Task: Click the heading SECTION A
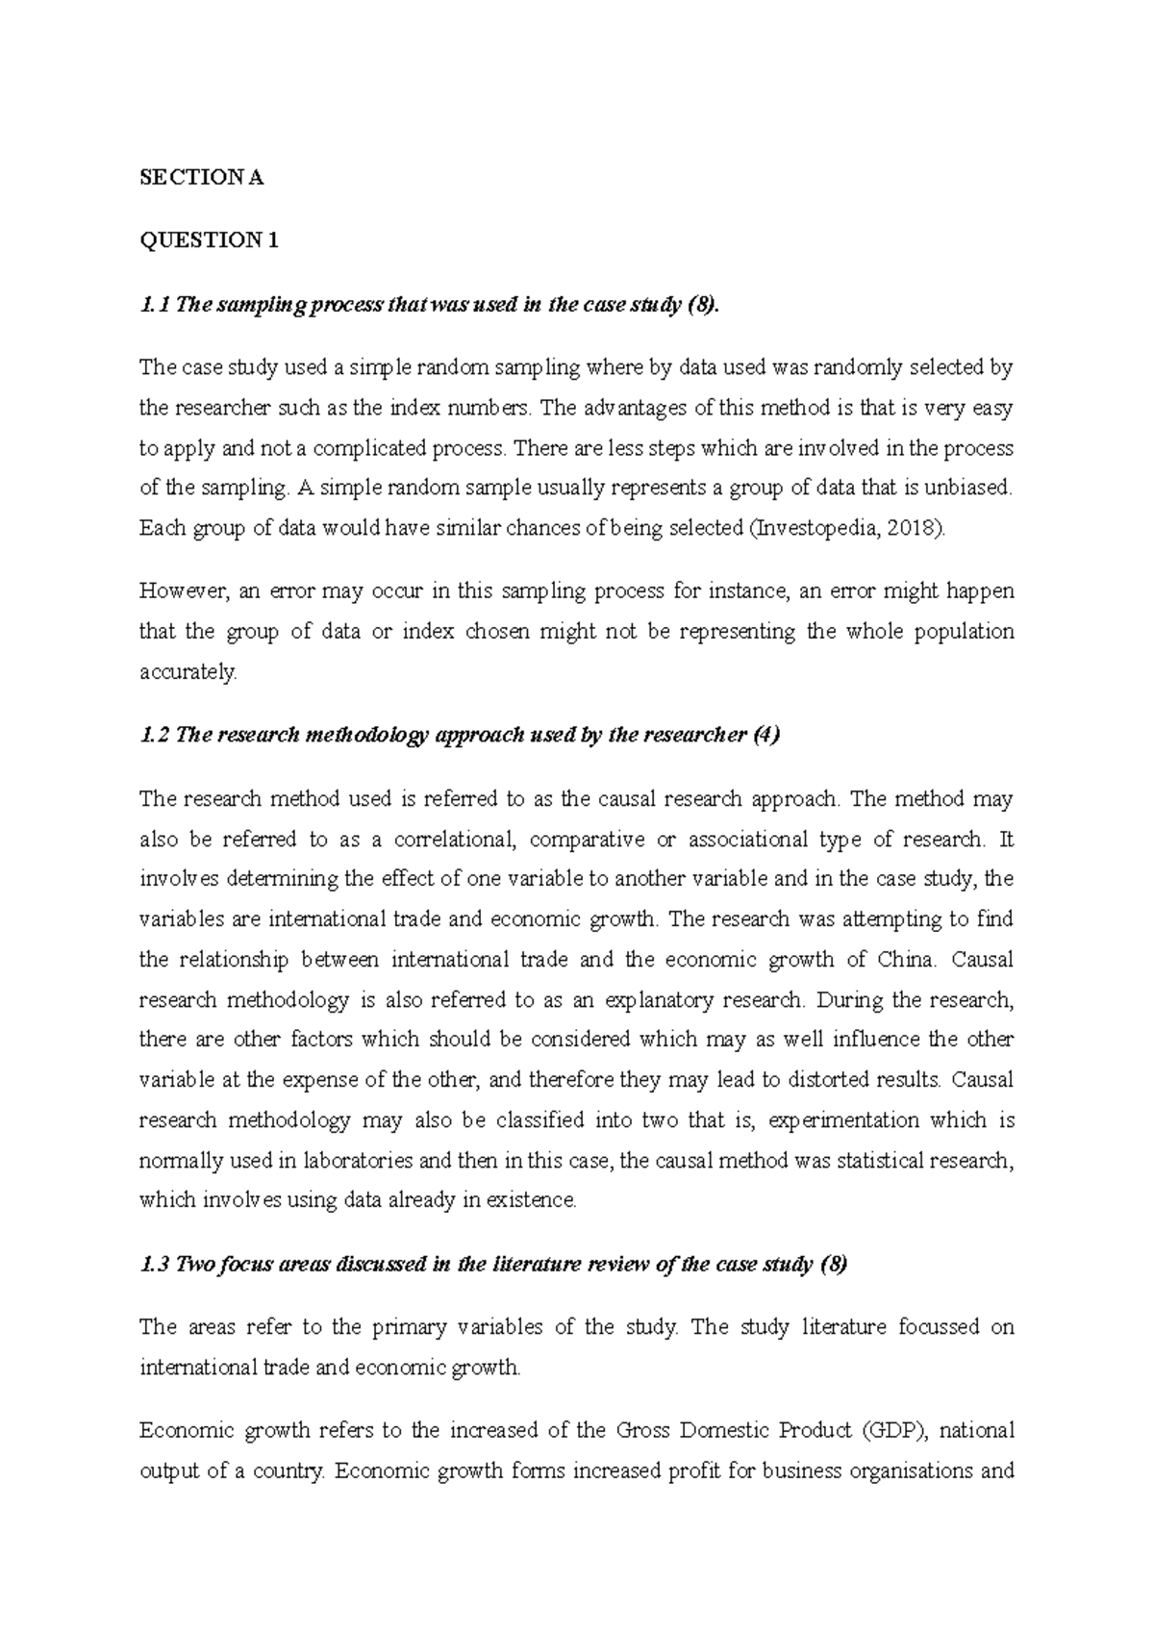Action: (201, 178)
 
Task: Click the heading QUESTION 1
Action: (209, 240)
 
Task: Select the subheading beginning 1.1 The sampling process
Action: (429, 305)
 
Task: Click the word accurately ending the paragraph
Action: (188, 672)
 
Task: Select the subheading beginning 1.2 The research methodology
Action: (446, 736)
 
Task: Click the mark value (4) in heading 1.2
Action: (766, 736)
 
